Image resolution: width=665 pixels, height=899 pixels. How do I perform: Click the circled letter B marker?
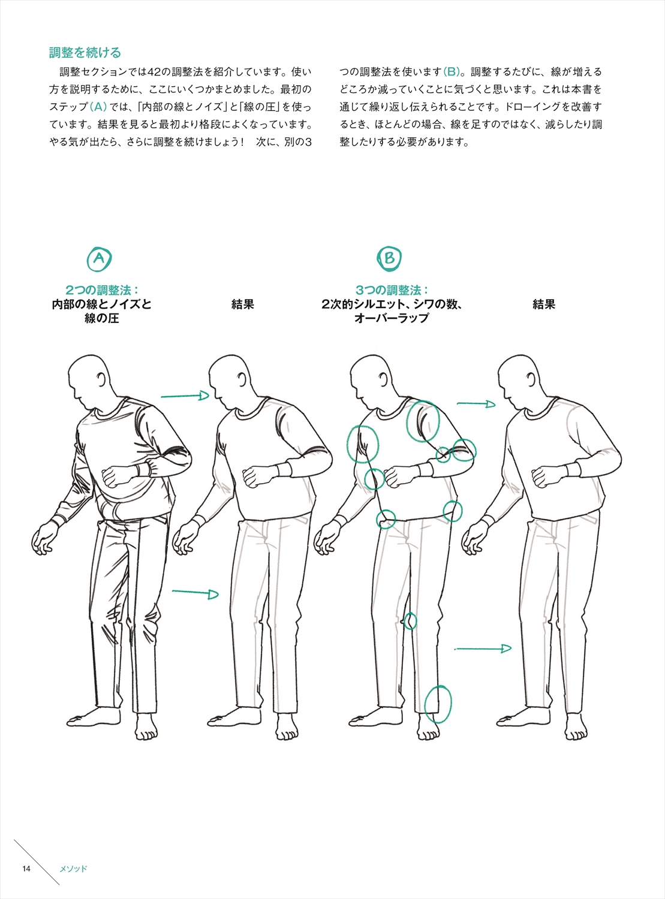click(x=389, y=258)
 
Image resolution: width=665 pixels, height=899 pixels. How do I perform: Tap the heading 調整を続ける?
click(x=85, y=53)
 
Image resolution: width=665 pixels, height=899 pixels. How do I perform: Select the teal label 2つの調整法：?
click(x=102, y=290)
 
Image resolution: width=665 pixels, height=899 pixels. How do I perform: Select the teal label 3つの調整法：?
click(x=392, y=290)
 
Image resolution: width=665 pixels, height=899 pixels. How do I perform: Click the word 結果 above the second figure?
click(x=242, y=304)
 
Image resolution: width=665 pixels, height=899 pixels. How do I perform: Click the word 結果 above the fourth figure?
click(x=544, y=304)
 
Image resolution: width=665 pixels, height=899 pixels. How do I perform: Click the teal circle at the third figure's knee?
click(x=411, y=620)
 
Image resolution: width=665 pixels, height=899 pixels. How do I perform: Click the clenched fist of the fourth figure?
click(x=542, y=478)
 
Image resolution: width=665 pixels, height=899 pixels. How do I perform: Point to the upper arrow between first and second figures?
click(x=185, y=396)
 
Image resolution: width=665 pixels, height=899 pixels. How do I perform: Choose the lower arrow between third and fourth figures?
click(x=483, y=649)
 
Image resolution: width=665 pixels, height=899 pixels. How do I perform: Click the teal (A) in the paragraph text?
click(x=98, y=107)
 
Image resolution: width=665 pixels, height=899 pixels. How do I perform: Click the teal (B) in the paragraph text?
click(x=452, y=72)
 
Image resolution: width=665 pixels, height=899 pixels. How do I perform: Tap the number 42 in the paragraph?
click(x=155, y=72)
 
